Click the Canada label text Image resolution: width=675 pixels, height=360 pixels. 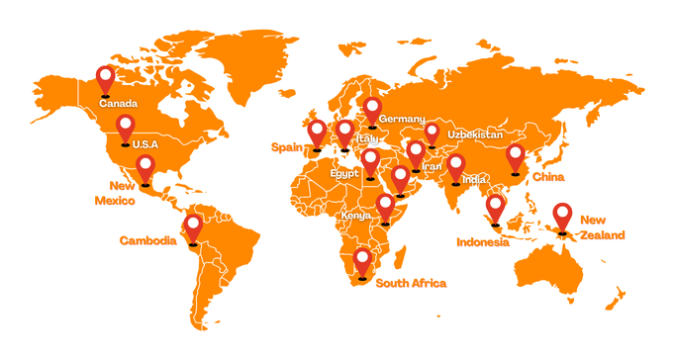pos(118,103)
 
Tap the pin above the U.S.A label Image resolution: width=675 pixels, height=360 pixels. pos(125,128)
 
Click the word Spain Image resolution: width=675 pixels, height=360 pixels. pos(287,147)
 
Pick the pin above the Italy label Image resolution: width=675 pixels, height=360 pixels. pos(344,133)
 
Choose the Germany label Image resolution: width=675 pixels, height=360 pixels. pos(402,119)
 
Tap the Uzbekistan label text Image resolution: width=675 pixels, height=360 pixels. pos(475,134)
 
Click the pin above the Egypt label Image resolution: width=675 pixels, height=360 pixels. pos(370,161)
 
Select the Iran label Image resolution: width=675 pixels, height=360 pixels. pos(433,167)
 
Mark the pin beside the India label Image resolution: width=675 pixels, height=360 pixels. pos(456,167)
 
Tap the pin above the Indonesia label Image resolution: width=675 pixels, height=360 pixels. pos(496,208)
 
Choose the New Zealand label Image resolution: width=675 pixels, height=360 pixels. pos(603,227)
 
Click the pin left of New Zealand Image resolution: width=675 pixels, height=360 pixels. pos(562,217)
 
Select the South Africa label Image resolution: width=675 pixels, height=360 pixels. pos(411,284)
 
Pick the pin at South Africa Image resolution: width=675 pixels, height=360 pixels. pos(363,262)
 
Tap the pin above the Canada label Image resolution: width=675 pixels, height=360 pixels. pos(106,77)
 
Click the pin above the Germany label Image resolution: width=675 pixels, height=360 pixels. pos(372,110)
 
